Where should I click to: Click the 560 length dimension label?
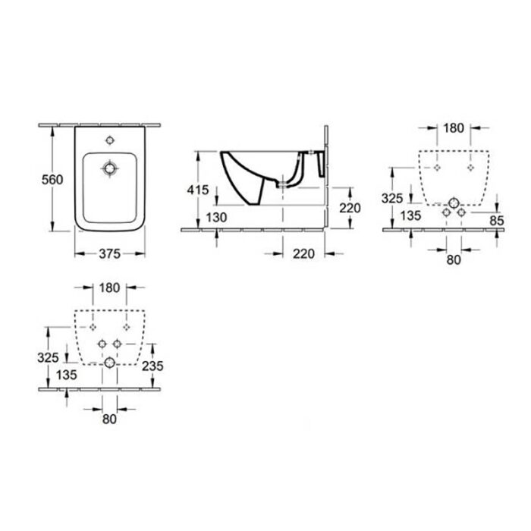(52, 180)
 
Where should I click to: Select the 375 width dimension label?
(110, 253)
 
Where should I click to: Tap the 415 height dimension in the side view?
(198, 190)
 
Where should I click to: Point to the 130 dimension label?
(216, 218)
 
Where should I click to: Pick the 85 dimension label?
(497, 221)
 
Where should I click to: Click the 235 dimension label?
(152, 366)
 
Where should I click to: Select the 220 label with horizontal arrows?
(303, 253)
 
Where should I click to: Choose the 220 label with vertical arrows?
(350, 208)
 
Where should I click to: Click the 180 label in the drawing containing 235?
(109, 287)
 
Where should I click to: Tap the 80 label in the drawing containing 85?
(454, 259)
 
